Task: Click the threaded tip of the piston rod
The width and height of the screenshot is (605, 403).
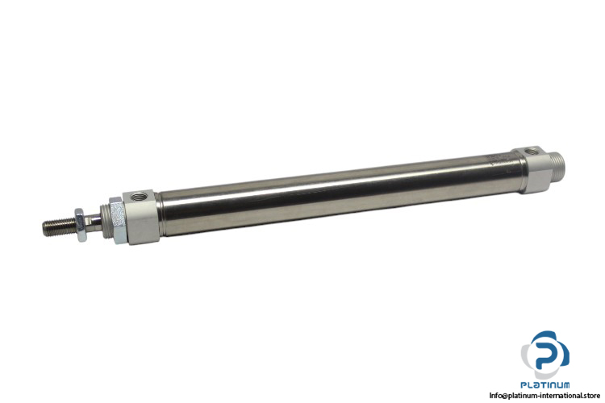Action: tap(59, 227)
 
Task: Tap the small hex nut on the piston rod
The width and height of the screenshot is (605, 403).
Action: tap(80, 225)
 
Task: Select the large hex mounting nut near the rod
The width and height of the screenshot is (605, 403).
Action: tap(116, 221)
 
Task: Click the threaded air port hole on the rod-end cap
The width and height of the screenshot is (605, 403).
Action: tap(138, 197)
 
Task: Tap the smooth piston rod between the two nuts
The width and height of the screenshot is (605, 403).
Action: tap(94, 222)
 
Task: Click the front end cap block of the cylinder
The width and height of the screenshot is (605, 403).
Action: tap(141, 217)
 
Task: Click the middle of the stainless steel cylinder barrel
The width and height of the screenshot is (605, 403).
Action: tap(340, 195)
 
